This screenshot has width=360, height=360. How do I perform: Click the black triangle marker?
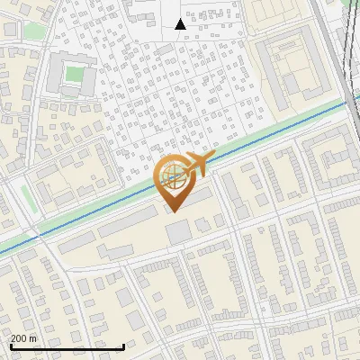coord(180,24)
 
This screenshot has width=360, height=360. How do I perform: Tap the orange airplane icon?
coord(195,165)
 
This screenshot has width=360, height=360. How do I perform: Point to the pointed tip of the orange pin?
coord(172,211)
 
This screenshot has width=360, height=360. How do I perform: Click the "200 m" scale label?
coord(24,338)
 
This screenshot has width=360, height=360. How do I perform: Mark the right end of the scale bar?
coord(123,346)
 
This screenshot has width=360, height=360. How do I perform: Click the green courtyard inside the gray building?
coord(74,76)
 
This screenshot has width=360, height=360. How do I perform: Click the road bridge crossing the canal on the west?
coord(40,236)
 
